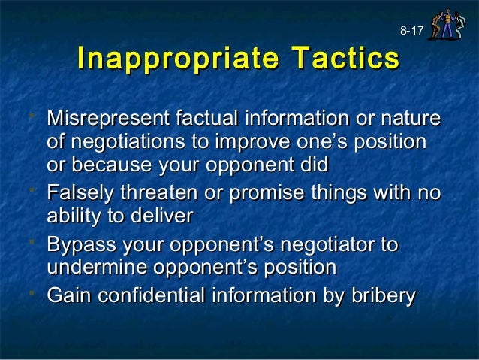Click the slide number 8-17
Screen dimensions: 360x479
pos(411,31)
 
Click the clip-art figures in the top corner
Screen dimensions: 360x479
pos(449,23)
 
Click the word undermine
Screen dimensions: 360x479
pos(95,267)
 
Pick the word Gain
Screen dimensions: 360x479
pos(66,296)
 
